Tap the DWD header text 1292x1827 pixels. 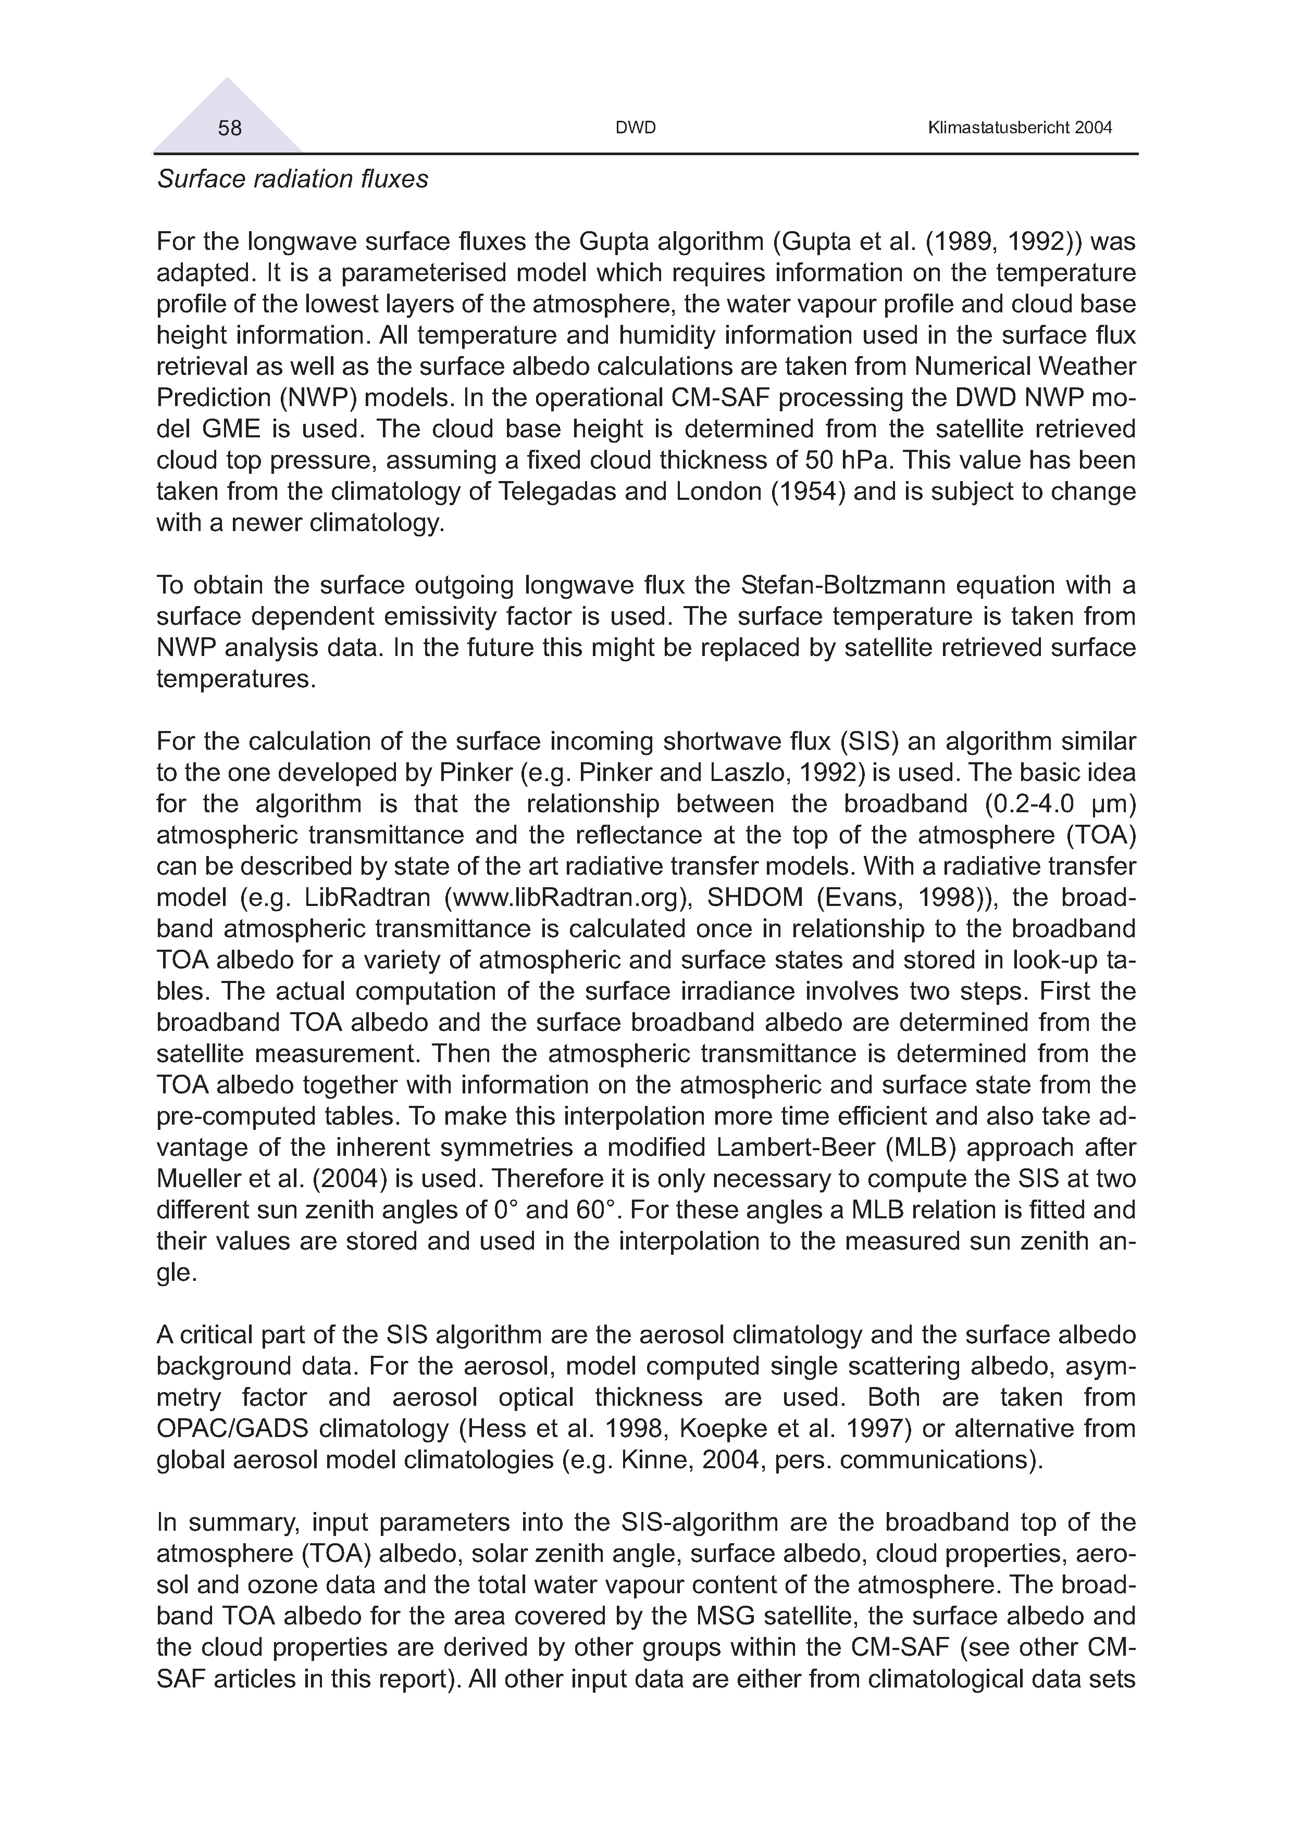point(635,128)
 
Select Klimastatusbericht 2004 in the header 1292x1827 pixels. point(1020,128)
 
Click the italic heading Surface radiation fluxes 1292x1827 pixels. point(292,179)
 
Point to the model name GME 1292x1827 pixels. point(232,430)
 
